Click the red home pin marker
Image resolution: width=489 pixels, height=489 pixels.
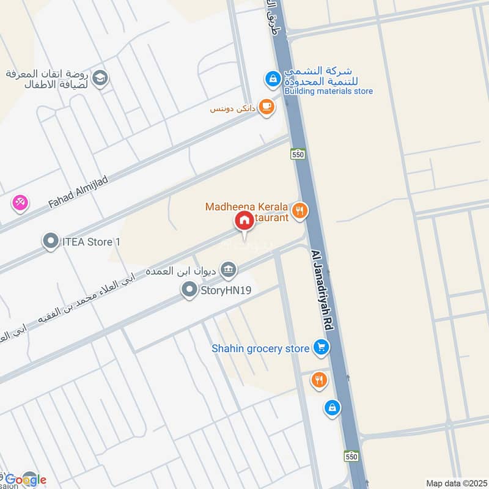click(244, 221)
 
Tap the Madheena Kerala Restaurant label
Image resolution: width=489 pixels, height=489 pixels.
click(247, 212)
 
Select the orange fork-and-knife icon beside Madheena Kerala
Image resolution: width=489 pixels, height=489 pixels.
click(300, 211)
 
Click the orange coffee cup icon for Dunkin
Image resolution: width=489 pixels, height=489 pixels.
click(266, 106)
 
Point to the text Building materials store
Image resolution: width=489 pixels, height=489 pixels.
click(328, 91)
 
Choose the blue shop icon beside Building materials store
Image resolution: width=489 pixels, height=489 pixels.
click(272, 78)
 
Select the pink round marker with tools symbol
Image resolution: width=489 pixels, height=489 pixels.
click(20, 202)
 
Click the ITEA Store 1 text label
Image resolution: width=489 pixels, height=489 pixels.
click(91, 242)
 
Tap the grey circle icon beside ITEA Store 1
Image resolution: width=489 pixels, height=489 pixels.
click(50, 242)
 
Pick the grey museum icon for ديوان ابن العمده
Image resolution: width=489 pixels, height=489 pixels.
click(228, 269)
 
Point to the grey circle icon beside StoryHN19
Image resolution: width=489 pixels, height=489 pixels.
click(190, 290)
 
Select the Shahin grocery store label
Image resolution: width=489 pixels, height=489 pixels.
click(260, 348)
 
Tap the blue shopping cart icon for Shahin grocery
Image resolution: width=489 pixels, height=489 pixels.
click(320, 348)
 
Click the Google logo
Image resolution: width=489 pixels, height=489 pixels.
click(26, 479)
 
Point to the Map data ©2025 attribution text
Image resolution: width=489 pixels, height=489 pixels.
click(456, 483)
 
